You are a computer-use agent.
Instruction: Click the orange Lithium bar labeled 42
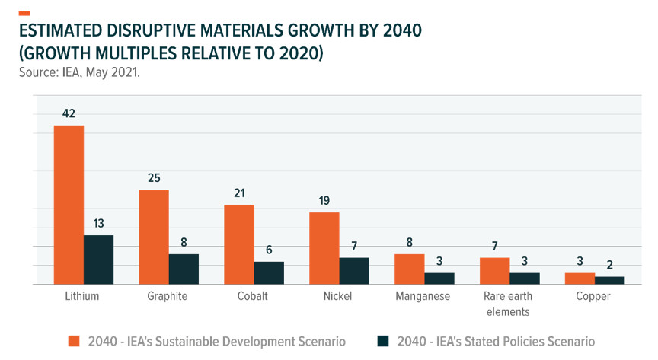69,204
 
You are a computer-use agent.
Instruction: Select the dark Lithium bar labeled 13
98,260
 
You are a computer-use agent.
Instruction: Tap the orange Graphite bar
154,237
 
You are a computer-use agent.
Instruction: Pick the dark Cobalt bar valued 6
269,272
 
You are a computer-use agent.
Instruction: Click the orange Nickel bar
324,247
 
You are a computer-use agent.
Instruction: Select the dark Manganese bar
439,279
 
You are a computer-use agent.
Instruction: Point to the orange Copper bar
580,279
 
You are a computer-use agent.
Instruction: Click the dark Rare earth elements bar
525,279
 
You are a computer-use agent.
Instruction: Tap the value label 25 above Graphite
154,178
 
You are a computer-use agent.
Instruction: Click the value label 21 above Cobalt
239,193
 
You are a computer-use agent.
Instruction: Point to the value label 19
324,201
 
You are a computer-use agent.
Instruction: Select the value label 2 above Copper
610,265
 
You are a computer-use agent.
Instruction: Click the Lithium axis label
83,296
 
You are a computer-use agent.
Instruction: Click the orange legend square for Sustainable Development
74,342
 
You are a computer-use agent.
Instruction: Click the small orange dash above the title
24,13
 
